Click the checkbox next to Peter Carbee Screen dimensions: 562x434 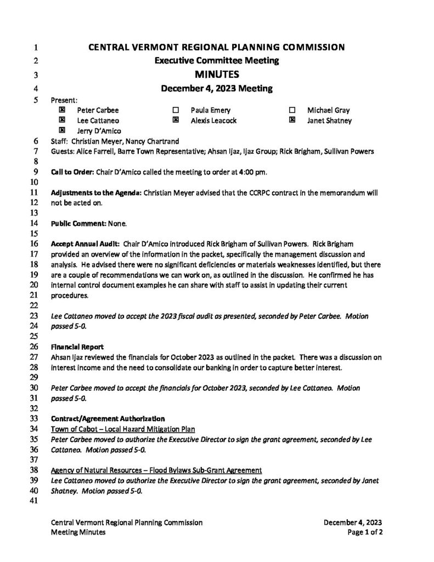click(62, 110)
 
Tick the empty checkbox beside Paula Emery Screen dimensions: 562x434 click(176, 110)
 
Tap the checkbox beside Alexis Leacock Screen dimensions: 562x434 click(176, 120)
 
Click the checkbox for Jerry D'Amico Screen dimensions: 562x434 click(62, 130)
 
